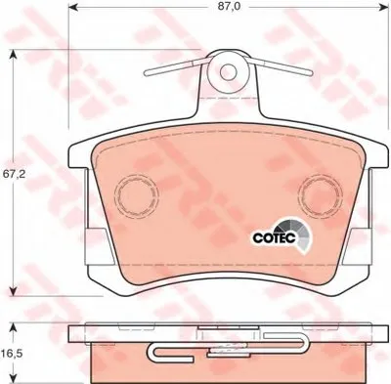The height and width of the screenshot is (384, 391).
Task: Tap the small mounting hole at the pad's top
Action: click(229, 70)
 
